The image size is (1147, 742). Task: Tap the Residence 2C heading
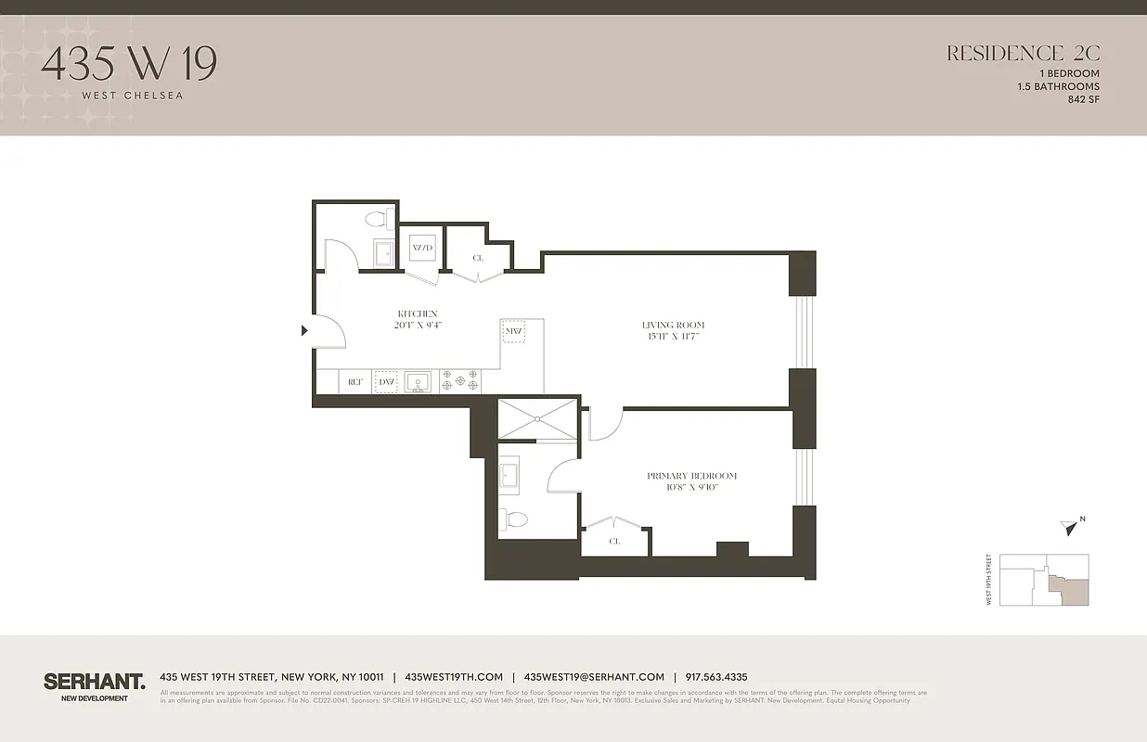[1023, 54]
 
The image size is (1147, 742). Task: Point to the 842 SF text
[1083, 99]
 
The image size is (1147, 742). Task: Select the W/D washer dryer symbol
[422, 249]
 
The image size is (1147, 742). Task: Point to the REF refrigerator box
[354, 382]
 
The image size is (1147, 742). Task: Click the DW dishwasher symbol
[386, 382]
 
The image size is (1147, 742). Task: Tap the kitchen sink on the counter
[418, 381]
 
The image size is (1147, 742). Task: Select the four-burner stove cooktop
[459, 381]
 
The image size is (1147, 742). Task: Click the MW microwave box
[514, 331]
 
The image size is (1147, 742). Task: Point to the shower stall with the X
[537, 419]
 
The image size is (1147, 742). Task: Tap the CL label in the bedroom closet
[614, 541]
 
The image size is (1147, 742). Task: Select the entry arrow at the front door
[304, 329]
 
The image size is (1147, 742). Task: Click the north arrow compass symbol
[1071, 528]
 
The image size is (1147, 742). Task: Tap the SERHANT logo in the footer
[95, 682]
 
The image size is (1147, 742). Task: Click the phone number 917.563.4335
[716, 677]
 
